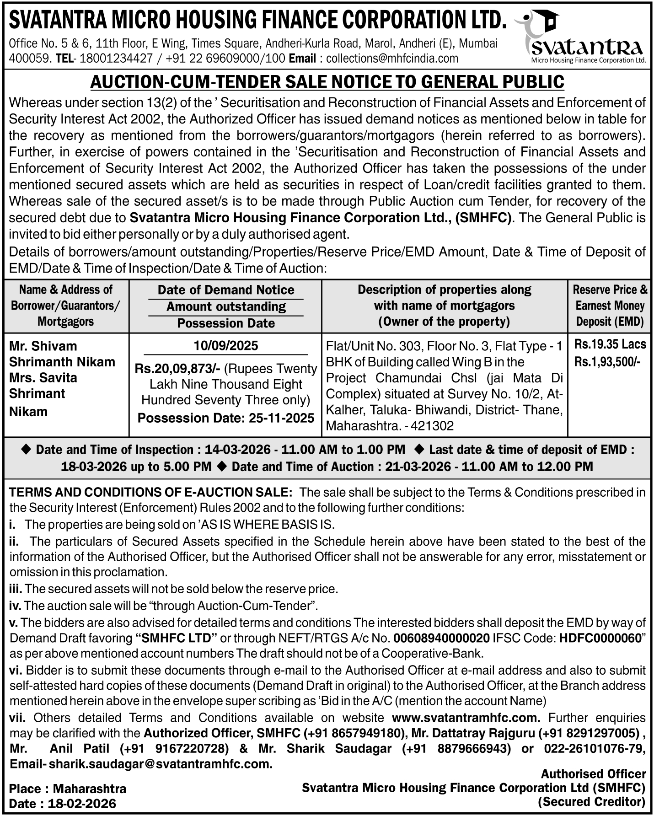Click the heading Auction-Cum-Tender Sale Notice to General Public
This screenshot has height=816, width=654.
click(x=327, y=81)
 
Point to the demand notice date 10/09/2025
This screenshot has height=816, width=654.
click(x=226, y=345)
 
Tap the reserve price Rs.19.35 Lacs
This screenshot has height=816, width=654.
click(x=610, y=344)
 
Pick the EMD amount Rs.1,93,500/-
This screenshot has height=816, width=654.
click(x=607, y=362)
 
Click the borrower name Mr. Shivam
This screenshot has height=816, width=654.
click(x=43, y=346)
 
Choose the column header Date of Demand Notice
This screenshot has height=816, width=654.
click(x=226, y=290)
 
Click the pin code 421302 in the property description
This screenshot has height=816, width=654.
click(x=432, y=426)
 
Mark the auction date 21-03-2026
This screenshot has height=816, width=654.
click(x=420, y=467)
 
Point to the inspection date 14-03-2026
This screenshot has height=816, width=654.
click(x=238, y=450)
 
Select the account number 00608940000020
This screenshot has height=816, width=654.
click(x=441, y=638)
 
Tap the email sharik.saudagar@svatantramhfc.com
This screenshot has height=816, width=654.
click(x=161, y=764)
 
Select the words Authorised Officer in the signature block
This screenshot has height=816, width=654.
click(x=593, y=774)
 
